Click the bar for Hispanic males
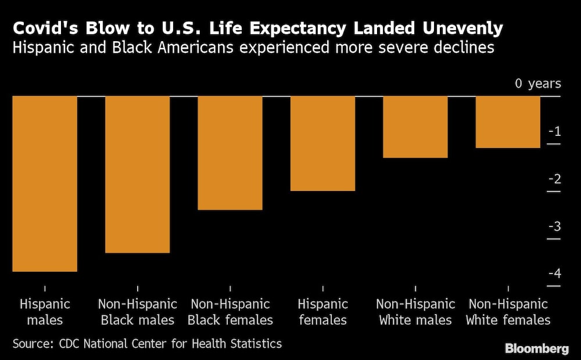[45, 183]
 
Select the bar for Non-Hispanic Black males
[137, 174]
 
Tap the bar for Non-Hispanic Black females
[230, 153]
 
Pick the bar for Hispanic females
[322, 143]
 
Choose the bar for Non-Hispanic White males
[415, 127]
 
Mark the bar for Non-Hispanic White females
[508, 122]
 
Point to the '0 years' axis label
[538, 84]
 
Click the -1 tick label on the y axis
[554, 132]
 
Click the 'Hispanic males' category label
[45, 312]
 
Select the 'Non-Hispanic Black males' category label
[137, 312]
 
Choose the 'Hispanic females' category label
[322, 312]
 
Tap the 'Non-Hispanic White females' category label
[508, 312]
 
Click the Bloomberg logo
[536, 348]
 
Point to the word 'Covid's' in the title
[46, 28]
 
